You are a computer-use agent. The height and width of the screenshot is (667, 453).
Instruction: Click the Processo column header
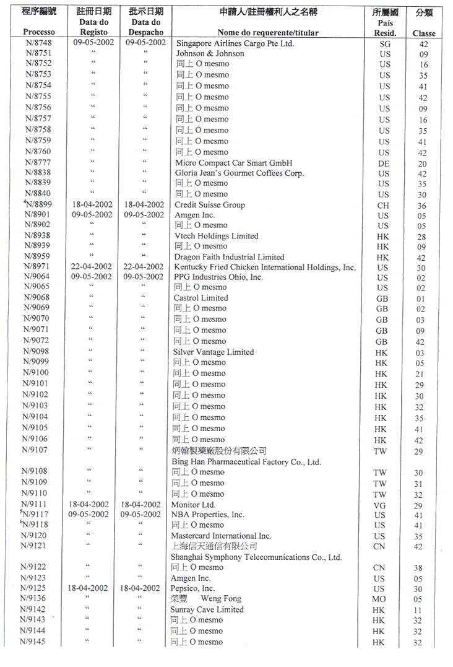pyautogui.click(x=38, y=32)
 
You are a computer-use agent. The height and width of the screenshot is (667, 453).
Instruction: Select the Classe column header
pyautogui.click(x=424, y=33)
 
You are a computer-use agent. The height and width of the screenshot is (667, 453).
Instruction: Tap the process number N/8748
pyautogui.click(x=38, y=43)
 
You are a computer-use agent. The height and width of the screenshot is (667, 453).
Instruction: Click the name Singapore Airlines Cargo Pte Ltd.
pyautogui.click(x=235, y=43)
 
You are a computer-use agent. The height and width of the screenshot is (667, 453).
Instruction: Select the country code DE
pyautogui.click(x=384, y=163)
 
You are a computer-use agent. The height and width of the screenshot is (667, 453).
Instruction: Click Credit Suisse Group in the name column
pyautogui.click(x=210, y=205)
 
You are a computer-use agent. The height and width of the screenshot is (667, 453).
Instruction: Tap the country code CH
pyautogui.click(x=384, y=206)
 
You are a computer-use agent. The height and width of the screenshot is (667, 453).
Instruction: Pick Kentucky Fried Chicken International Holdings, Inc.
pyautogui.click(x=265, y=268)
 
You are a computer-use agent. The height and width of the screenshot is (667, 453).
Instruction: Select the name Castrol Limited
pyautogui.click(x=201, y=298)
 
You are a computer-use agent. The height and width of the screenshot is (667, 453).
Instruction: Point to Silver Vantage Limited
pyautogui.click(x=214, y=352)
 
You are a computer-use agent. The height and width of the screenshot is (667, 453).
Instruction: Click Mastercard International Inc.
pyautogui.click(x=221, y=536)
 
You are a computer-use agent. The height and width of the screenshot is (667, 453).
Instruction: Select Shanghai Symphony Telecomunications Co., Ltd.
pyautogui.click(x=256, y=557)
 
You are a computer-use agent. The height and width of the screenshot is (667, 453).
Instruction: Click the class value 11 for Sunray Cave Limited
pyautogui.click(x=418, y=610)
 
